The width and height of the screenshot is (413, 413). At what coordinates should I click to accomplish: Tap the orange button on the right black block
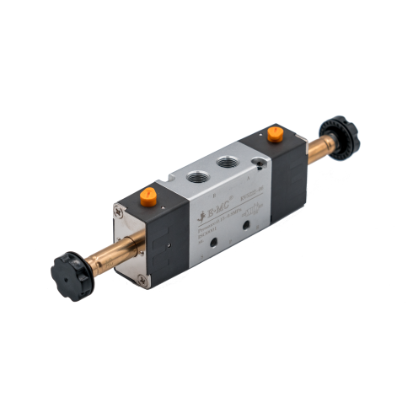click(x=275, y=133)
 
